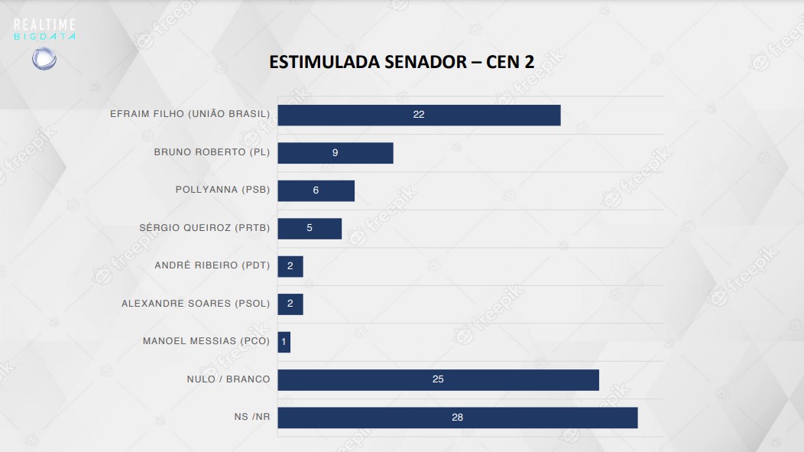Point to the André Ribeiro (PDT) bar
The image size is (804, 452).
click(290, 266)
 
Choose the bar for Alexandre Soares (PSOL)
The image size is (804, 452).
click(290, 304)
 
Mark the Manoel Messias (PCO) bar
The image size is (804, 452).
click(284, 342)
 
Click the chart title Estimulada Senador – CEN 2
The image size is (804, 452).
click(401, 62)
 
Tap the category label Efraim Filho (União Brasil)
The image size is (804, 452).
click(190, 115)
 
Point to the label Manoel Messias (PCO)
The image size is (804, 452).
click(206, 341)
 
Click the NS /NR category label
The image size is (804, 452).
click(252, 418)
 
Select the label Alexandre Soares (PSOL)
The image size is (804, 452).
click(196, 304)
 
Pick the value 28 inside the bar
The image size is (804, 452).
click(457, 418)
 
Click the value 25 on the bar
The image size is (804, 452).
click(438, 379)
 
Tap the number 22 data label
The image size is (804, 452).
click(418, 115)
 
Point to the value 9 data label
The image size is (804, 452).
click(335, 153)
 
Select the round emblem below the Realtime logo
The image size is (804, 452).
click(44, 59)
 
